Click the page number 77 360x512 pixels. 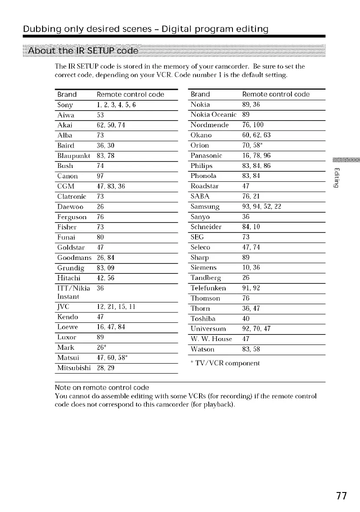click(x=341, y=496)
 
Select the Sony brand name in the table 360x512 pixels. click(x=65, y=105)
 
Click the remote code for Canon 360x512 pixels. click(x=101, y=176)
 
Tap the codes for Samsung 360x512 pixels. click(x=262, y=207)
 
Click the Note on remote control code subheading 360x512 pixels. click(x=102, y=387)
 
